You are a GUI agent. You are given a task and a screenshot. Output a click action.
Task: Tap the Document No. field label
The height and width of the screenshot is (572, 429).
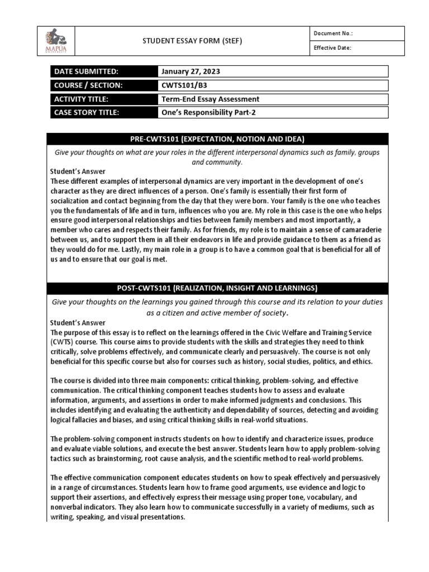coord(333,33)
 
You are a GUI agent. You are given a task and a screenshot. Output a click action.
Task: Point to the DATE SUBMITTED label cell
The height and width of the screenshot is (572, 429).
coord(103,71)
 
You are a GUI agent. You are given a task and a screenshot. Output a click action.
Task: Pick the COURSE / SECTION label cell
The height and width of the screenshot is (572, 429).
coord(103,85)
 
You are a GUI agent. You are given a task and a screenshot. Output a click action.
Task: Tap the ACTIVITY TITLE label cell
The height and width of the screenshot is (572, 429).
coord(103,99)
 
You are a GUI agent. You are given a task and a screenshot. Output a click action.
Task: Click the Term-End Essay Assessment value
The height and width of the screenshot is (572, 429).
coord(210,99)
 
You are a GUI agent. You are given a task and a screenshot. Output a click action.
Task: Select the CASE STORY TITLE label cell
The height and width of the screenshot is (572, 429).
coord(103,112)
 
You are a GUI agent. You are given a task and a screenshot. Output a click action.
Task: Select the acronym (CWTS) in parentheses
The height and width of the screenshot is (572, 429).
coord(63,341)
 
